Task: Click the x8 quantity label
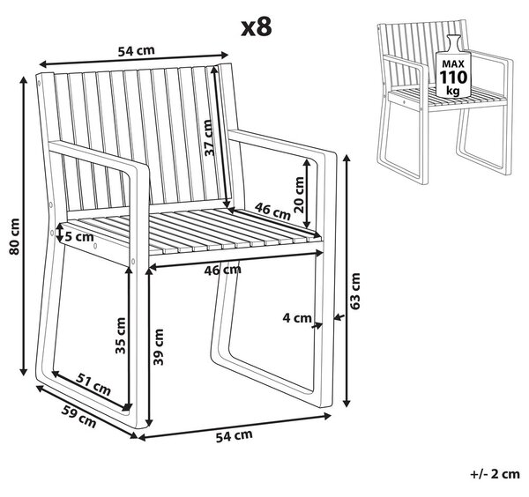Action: coord(257,27)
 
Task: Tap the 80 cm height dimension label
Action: coord(14,236)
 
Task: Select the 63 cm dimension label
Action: coord(355,291)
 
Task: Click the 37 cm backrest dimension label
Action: coord(210,137)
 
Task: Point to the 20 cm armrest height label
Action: coord(299,195)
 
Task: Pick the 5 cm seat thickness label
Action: coord(79,237)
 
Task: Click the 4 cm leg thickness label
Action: coord(297,317)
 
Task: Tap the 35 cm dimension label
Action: coord(120,336)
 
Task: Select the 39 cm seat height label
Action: coord(158,347)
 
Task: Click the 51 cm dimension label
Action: coord(93,384)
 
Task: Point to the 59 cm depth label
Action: coord(78,417)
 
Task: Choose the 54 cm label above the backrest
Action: coord(137,50)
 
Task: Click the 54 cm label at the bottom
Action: coord(234,435)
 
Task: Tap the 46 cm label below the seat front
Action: coord(223,270)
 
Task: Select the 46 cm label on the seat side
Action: coord(272,211)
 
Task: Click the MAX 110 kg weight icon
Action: coord(452,66)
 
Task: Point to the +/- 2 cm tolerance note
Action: coord(495,474)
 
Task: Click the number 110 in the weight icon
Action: coord(453,78)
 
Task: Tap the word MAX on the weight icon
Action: coord(453,63)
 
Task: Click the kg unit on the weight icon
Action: coord(453,91)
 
